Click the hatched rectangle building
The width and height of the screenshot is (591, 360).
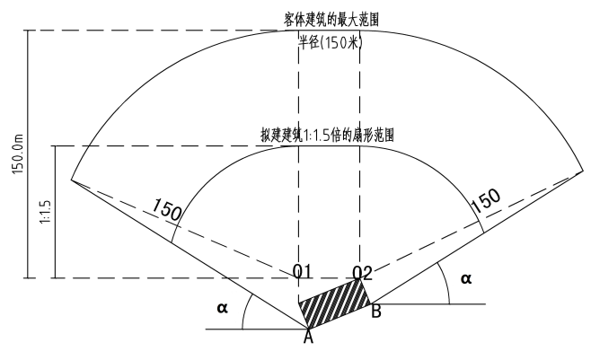coord(335,303)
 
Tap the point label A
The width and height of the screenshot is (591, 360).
coord(309,337)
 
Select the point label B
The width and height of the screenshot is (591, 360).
coord(376,312)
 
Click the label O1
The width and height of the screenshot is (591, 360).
coord(303,271)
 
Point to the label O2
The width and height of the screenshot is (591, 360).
coord(362,273)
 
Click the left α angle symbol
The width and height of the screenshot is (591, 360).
coord(223,308)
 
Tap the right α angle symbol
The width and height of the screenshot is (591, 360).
coord(466,278)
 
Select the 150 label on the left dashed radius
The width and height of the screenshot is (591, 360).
coord(166,209)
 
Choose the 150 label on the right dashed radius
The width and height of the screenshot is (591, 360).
coord(486,199)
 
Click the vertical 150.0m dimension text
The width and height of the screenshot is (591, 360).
coord(18,154)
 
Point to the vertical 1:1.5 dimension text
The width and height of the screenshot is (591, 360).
coord(45,212)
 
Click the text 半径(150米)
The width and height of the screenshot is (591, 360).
coord(331,42)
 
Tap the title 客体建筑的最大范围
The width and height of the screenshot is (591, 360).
coord(331,20)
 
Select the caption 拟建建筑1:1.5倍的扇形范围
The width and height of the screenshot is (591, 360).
coord(327,135)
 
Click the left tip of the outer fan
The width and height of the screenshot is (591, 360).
coord(71,180)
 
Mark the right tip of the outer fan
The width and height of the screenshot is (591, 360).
coord(583,171)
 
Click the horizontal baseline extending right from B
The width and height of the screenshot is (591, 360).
coord(429,304)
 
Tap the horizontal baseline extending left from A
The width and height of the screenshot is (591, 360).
coord(256,329)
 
